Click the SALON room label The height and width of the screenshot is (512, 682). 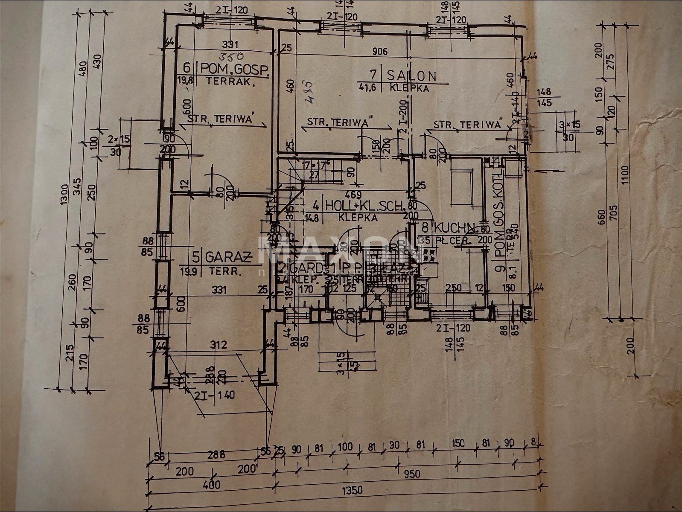tap(411, 76)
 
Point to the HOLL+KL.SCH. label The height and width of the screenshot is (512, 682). tap(364, 206)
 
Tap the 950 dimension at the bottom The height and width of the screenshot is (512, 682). tap(412, 474)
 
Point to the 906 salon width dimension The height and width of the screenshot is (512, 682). tap(379, 52)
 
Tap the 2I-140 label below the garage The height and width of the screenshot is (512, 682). tap(219, 395)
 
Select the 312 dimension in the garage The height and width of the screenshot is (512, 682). tap(219, 344)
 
